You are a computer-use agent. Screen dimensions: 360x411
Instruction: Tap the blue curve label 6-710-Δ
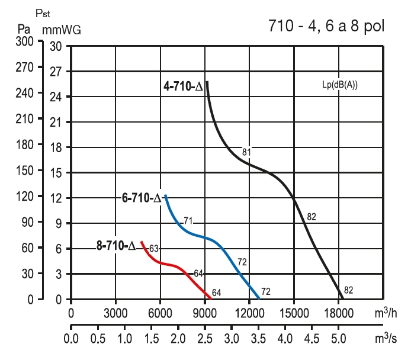tap(141, 198)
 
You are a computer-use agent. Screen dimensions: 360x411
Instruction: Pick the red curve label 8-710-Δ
tap(116, 245)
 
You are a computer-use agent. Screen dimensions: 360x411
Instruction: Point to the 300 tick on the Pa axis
tap(24, 42)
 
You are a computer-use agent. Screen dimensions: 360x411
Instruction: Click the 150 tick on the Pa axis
tap(24, 172)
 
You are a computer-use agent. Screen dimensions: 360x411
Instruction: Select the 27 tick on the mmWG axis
tap(56, 72)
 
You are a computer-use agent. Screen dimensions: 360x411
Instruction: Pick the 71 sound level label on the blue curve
tap(188, 221)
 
